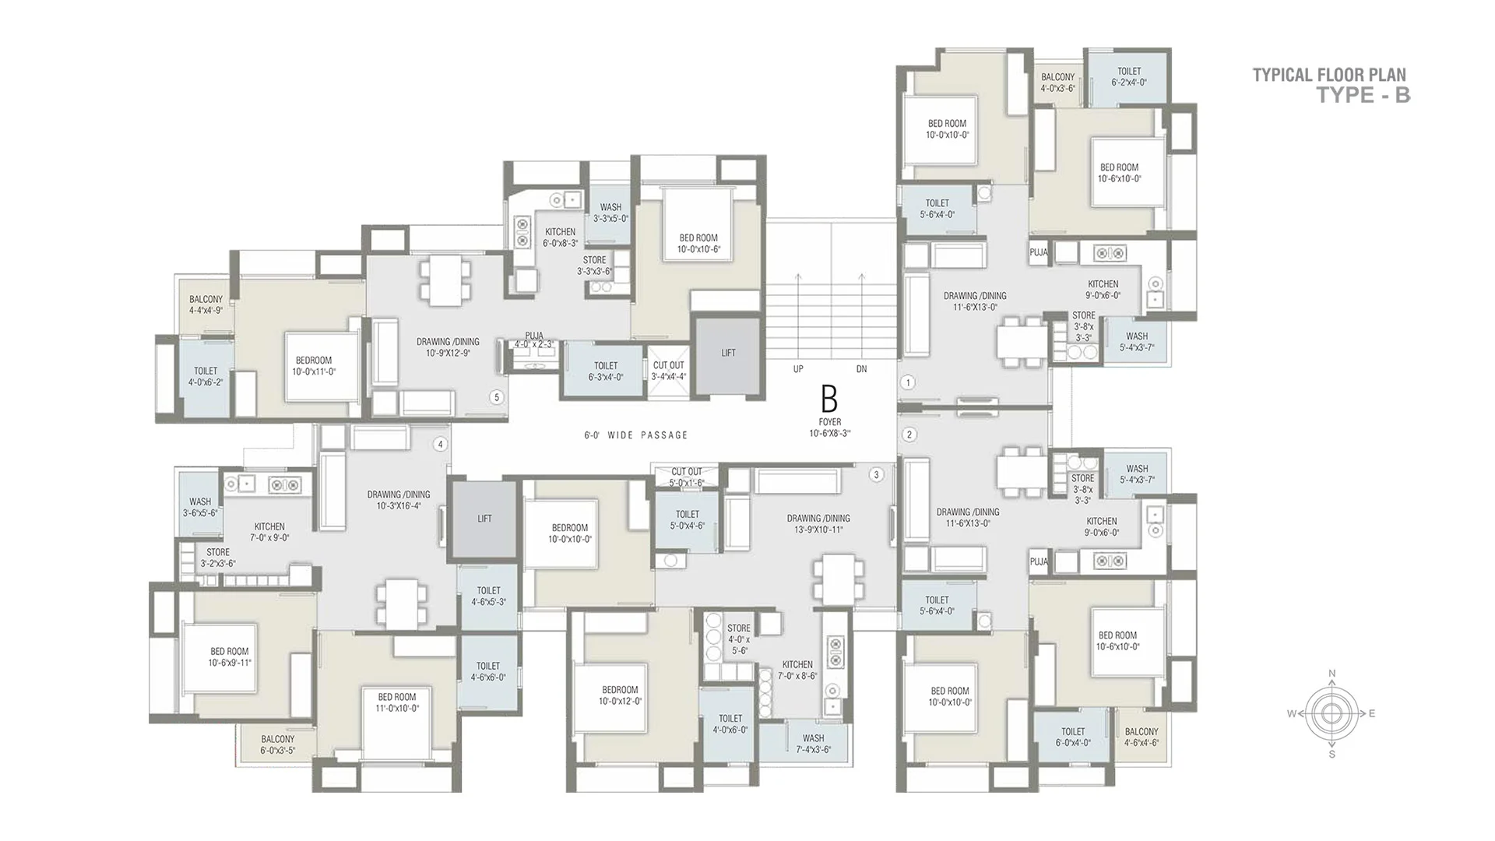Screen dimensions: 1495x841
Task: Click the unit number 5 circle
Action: (x=497, y=398)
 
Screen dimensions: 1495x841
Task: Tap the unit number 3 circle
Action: (x=877, y=474)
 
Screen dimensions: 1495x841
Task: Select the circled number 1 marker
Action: (x=908, y=382)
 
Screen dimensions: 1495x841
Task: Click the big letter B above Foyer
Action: (x=829, y=399)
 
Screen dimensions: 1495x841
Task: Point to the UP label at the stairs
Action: (x=798, y=369)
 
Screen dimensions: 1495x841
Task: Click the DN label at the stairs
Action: (x=861, y=369)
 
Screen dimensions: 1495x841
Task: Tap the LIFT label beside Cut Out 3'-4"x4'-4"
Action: (x=728, y=353)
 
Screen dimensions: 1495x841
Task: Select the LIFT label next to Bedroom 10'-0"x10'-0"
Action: (x=484, y=519)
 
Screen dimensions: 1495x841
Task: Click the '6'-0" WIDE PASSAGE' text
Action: (x=636, y=435)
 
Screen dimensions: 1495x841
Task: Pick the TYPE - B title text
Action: (x=1363, y=95)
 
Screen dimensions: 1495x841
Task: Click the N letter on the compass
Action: (x=1332, y=674)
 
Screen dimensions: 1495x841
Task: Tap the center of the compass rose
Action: (x=1332, y=713)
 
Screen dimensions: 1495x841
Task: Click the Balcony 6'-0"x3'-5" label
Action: (x=278, y=745)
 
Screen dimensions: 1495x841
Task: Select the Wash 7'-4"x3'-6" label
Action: (x=813, y=744)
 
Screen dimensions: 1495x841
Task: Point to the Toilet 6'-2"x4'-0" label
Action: (x=1129, y=76)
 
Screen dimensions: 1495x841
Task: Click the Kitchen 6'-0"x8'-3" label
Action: (x=560, y=238)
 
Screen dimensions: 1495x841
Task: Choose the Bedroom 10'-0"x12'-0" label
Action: (x=620, y=695)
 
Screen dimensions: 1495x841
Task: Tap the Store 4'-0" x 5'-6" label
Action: (x=739, y=639)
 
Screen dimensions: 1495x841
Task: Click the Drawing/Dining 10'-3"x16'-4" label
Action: (x=399, y=500)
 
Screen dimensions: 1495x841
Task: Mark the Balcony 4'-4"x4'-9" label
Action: (x=206, y=304)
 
